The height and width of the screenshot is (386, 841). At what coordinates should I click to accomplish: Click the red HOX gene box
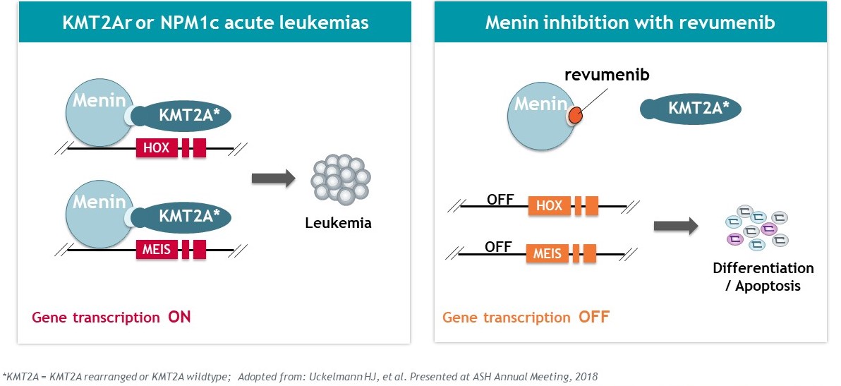(x=157, y=147)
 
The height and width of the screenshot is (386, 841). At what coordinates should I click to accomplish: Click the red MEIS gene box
(x=157, y=249)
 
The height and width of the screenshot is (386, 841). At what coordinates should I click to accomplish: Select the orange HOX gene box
(x=549, y=206)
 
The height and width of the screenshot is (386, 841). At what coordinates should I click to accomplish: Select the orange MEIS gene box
(x=547, y=253)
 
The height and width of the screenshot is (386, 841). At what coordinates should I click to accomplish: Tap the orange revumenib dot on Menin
(x=575, y=114)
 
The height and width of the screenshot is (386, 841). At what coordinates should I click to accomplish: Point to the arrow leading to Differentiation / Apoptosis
(x=675, y=226)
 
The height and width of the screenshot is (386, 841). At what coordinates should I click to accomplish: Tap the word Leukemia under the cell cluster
(x=338, y=224)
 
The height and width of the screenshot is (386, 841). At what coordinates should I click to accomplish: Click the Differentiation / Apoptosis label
(x=763, y=277)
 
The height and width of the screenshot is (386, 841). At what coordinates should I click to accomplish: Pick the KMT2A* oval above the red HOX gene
(x=184, y=115)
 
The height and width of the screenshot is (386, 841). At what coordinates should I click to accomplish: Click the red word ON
(x=179, y=317)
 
